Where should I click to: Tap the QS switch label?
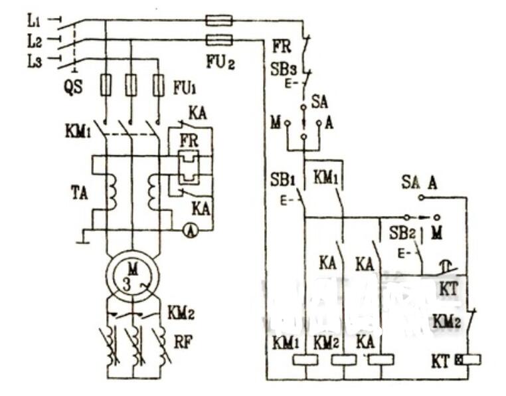point(74,88)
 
